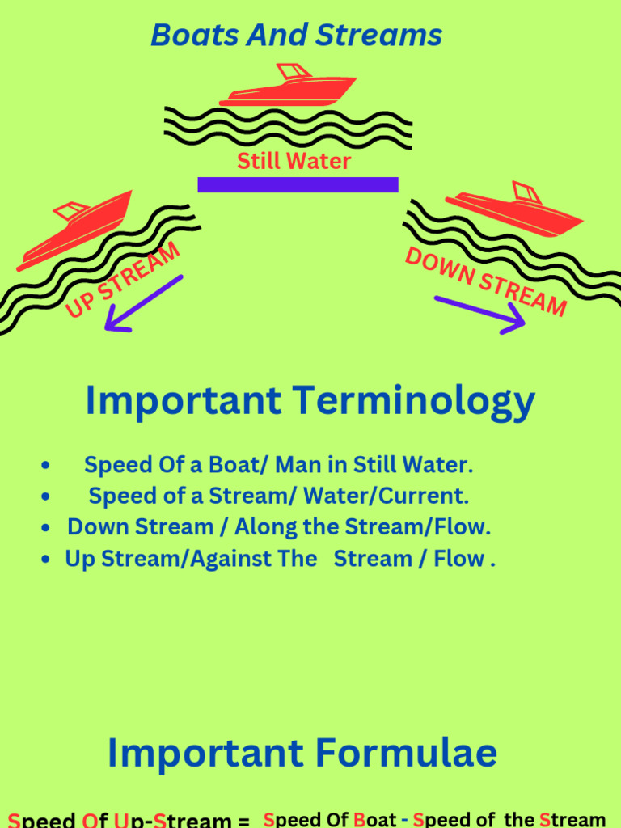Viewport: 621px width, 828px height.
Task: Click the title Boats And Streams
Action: click(x=296, y=36)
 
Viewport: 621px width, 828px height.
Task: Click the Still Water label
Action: click(x=294, y=161)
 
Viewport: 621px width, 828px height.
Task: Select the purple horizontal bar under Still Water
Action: click(x=298, y=184)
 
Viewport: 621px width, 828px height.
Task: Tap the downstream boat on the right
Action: click(x=514, y=210)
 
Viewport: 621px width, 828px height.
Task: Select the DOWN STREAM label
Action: click(x=485, y=281)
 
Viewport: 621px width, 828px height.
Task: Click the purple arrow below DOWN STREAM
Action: click(x=480, y=314)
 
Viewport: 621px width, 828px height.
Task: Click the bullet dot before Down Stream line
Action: click(x=47, y=528)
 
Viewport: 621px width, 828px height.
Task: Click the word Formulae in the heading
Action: click(x=407, y=754)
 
